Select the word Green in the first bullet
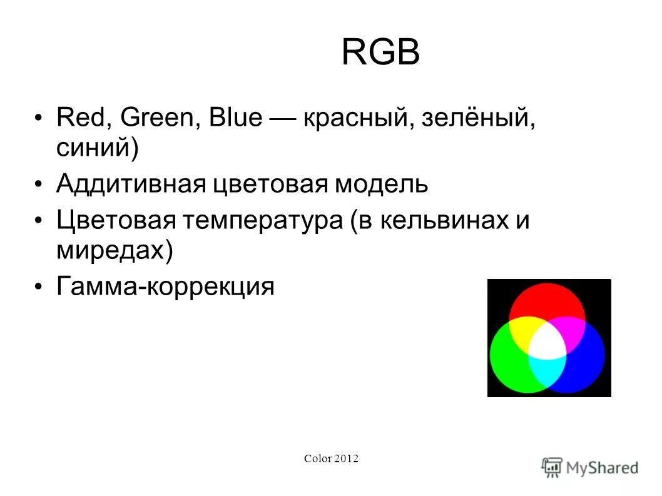pyautogui.click(x=160, y=118)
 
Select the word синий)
pyautogui.click(x=96, y=149)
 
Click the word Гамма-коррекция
pyautogui.click(x=165, y=287)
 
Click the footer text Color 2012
pyautogui.click(x=331, y=459)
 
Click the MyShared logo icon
pyautogui.click(x=552, y=467)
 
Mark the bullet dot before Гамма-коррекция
pyautogui.click(x=39, y=287)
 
